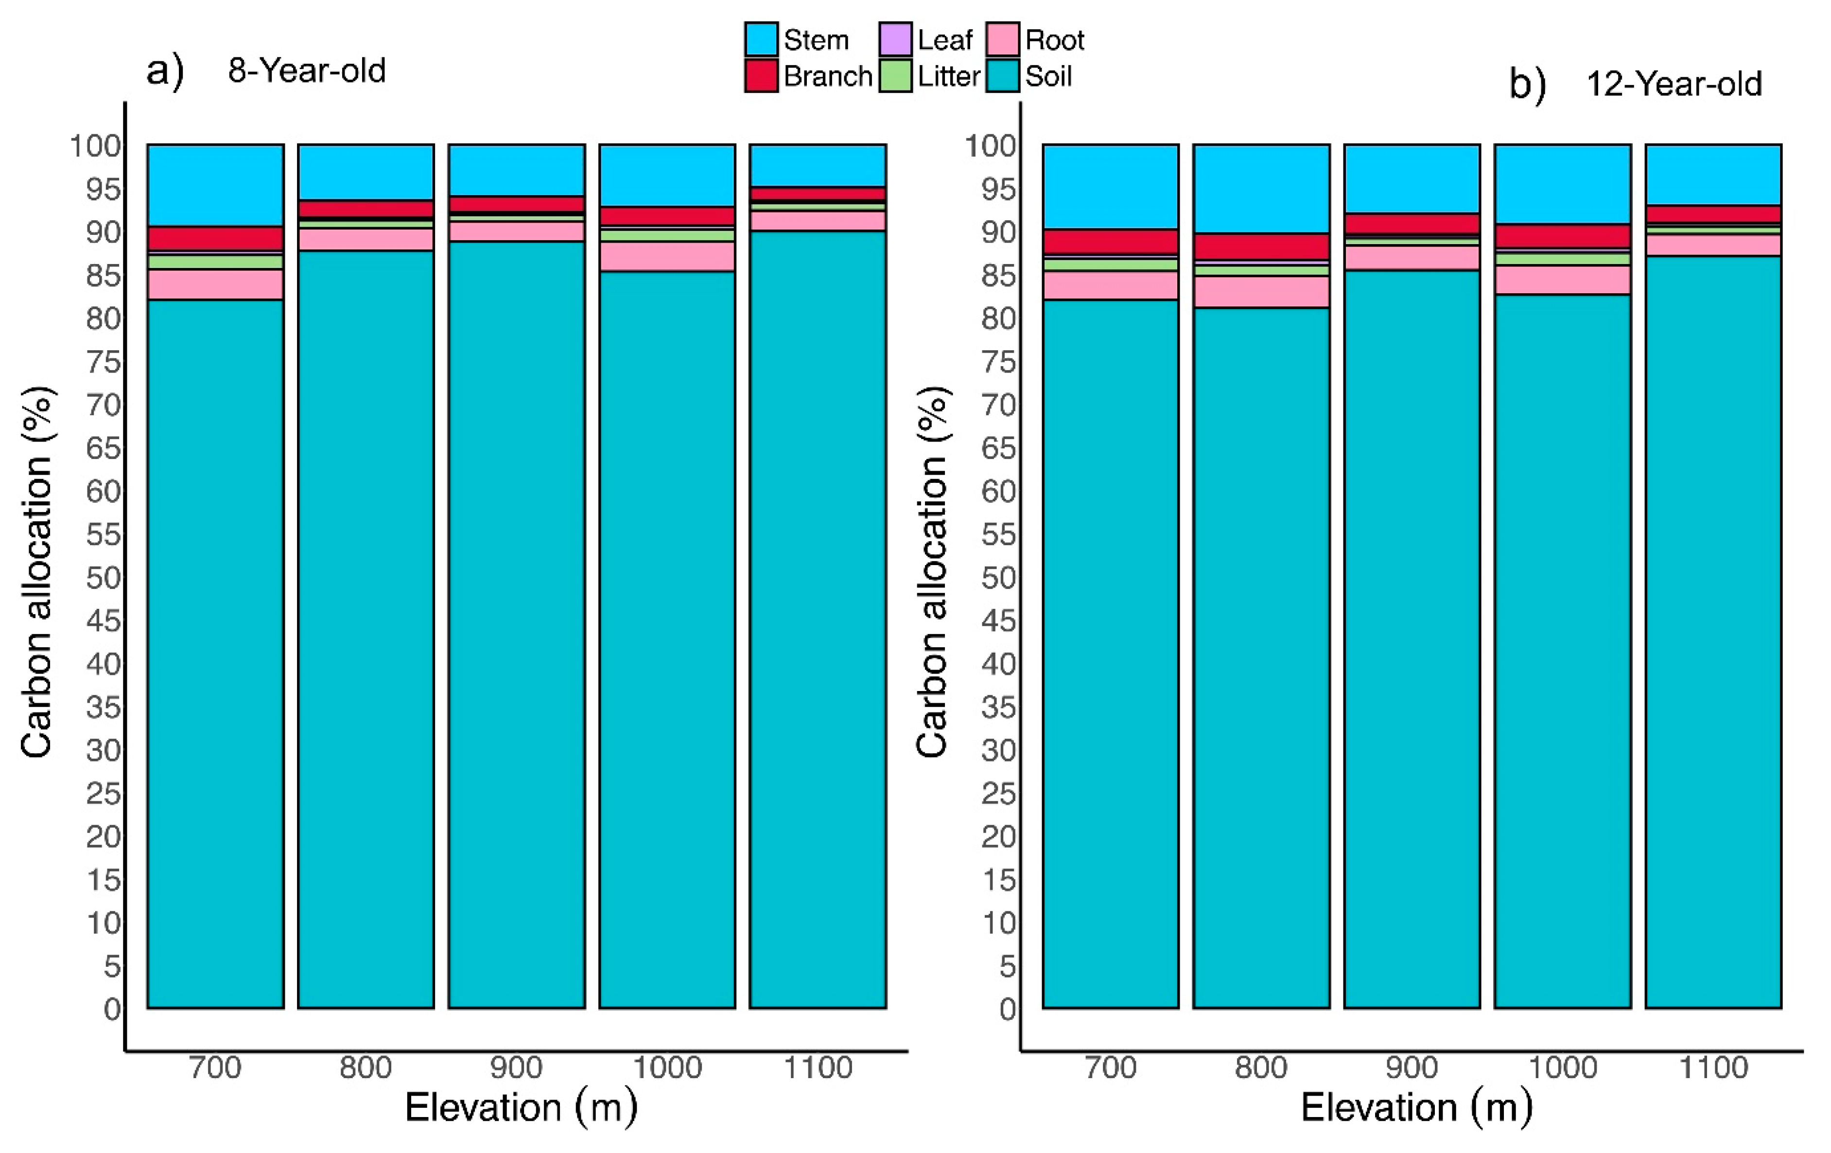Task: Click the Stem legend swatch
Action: pos(761,39)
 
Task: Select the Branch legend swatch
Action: pos(761,76)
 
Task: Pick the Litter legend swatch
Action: pos(895,76)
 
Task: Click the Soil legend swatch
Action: pos(1002,76)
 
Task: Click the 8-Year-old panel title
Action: pos(306,71)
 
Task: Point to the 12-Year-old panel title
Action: pos(1673,84)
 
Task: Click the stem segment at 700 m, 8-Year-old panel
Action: pos(215,185)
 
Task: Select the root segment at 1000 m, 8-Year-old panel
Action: pos(667,256)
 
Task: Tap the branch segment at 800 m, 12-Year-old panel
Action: pos(1261,247)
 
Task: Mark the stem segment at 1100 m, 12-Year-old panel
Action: pos(1713,174)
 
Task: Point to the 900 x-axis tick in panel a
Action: pos(516,1068)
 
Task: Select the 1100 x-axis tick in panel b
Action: pos(1713,1068)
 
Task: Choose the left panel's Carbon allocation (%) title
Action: pos(36,572)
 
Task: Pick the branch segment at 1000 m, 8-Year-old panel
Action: pos(667,216)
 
